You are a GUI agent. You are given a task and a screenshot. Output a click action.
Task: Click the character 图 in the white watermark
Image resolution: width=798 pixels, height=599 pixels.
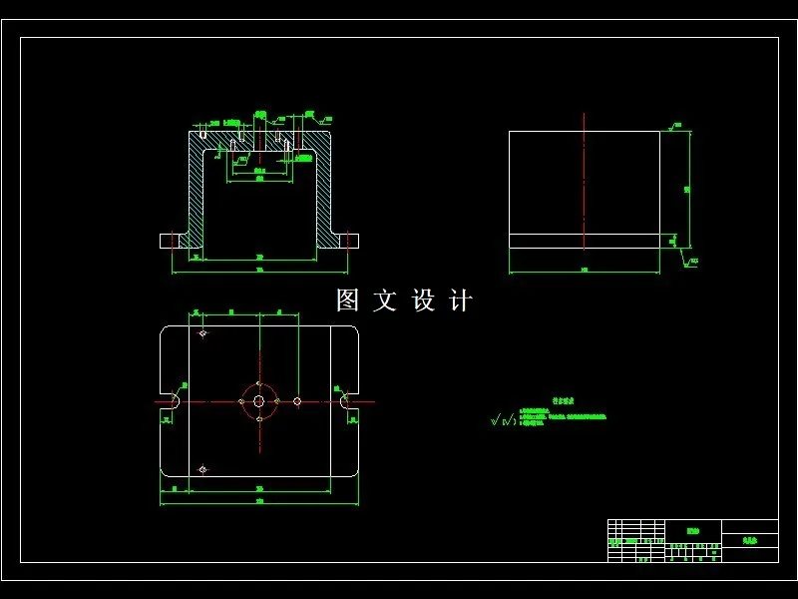click(347, 300)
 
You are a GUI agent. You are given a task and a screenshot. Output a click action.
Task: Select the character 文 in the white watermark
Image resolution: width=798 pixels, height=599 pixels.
click(385, 300)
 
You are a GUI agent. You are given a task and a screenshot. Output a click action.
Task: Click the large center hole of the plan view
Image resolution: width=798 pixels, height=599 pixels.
click(259, 401)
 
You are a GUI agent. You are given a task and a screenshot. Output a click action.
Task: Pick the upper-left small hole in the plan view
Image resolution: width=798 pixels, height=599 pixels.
click(203, 333)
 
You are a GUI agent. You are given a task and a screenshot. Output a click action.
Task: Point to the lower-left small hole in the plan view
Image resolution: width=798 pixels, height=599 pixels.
click(203, 468)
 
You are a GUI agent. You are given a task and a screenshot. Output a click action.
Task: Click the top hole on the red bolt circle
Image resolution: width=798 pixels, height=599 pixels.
click(259, 383)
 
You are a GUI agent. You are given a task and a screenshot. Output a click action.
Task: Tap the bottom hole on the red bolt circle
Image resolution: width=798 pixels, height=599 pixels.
click(259, 419)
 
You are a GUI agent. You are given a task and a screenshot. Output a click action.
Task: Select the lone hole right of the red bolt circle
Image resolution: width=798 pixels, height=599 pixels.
click(297, 401)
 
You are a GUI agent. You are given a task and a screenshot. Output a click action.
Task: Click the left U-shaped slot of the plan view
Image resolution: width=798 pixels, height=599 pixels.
click(172, 401)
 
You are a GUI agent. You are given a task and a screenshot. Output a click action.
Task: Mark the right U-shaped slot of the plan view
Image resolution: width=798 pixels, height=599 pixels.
click(348, 401)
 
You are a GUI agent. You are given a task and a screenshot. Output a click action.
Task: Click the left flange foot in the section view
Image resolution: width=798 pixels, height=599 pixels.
click(174, 241)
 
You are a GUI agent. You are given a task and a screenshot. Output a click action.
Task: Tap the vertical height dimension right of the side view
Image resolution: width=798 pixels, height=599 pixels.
click(688, 188)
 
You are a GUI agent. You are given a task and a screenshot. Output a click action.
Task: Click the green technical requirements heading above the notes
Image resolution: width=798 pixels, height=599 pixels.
click(563, 401)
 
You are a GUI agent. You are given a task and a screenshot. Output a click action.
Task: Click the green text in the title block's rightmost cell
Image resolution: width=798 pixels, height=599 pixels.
click(749, 539)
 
